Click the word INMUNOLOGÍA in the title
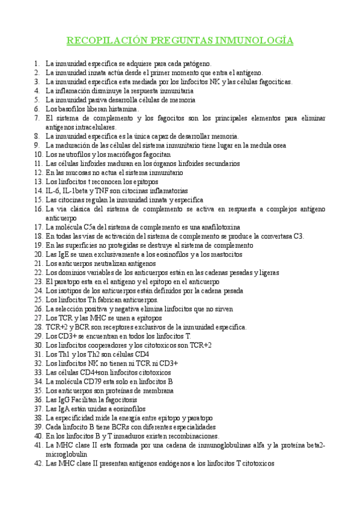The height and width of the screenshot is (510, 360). pyautogui.click(x=259, y=41)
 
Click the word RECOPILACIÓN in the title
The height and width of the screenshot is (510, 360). pyautogui.click(x=103, y=41)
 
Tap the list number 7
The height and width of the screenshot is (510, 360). pyautogui.click(x=37, y=118)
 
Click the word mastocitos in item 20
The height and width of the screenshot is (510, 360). pyautogui.click(x=222, y=254)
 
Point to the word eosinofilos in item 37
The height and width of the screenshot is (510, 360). pyautogui.click(x=127, y=409)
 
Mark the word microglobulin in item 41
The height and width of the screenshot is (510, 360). pyautogui.click(x=70, y=455)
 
